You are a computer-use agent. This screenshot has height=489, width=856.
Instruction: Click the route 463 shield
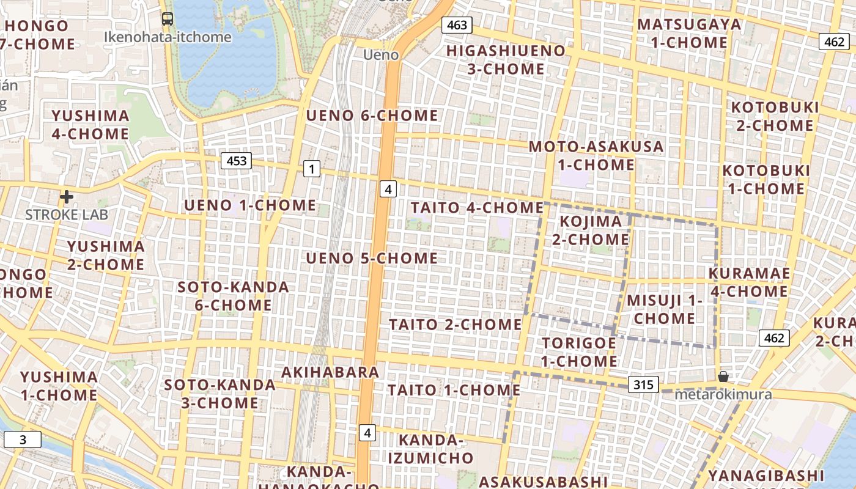click(x=457, y=25)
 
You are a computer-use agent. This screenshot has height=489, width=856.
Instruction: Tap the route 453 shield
click(x=236, y=161)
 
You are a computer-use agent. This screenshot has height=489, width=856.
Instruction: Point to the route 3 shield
click(x=23, y=439)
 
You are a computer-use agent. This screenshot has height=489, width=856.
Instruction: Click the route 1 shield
click(x=312, y=169)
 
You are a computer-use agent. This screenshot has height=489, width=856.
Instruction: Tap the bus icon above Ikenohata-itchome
click(x=168, y=19)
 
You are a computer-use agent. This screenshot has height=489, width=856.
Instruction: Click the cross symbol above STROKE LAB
click(x=67, y=197)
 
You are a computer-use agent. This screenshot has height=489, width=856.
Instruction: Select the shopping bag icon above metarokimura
click(x=723, y=377)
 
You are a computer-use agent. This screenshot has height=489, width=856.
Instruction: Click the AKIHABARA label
click(x=330, y=372)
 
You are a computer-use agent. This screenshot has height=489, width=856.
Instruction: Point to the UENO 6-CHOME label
click(x=372, y=116)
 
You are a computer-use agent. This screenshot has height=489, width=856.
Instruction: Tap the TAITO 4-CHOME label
click(x=477, y=208)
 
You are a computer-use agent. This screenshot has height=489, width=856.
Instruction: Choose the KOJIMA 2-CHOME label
click(x=591, y=230)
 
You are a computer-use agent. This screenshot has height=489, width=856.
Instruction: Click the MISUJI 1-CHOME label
click(x=665, y=309)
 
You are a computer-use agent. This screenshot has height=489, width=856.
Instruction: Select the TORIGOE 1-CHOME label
click(x=579, y=352)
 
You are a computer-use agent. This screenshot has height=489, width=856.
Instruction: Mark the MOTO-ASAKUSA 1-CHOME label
click(x=596, y=155)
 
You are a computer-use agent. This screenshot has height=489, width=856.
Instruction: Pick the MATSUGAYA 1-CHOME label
click(x=689, y=34)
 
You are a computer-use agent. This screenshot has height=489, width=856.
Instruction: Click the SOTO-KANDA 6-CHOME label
click(x=233, y=296)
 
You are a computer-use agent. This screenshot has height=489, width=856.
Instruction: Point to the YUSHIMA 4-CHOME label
click(x=90, y=125)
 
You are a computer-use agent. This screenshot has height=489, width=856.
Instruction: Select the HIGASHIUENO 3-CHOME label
click(x=506, y=60)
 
